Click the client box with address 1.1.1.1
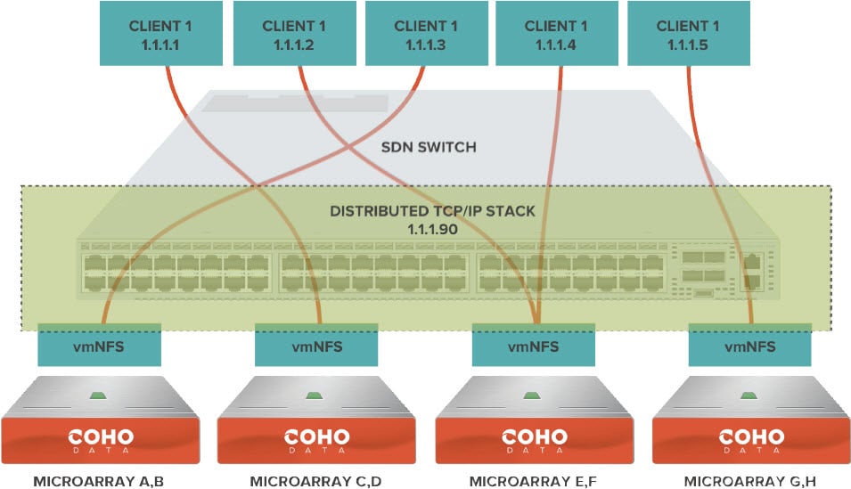[x=160, y=34]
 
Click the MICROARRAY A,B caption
[x=99, y=482]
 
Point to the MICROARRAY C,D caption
[x=316, y=482]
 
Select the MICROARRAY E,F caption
[x=534, y=482]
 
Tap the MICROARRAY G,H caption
[x=750, y=482]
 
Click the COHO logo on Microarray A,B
[x=99, y=439]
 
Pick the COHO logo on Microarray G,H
[x=750, y=439]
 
